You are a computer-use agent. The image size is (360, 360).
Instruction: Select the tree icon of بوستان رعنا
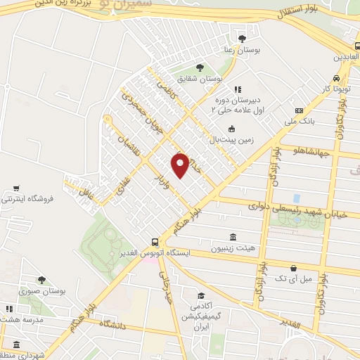coord(243,38)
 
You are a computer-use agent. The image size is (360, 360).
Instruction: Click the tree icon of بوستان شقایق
coord(200,68)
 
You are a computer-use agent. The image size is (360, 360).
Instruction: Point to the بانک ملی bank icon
coord(300,110)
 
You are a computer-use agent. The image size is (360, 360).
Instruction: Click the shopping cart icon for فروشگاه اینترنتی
coord(15,188)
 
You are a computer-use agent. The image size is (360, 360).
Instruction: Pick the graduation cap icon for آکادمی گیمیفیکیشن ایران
coord(201,295)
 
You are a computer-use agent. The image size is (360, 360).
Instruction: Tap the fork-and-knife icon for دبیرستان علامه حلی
coord(238,89)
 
